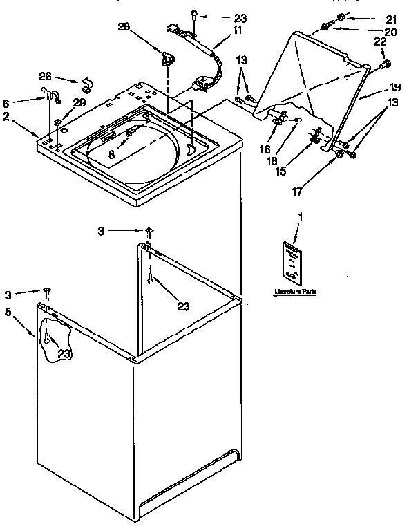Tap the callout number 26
[44, 76]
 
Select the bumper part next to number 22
[386, 65]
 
